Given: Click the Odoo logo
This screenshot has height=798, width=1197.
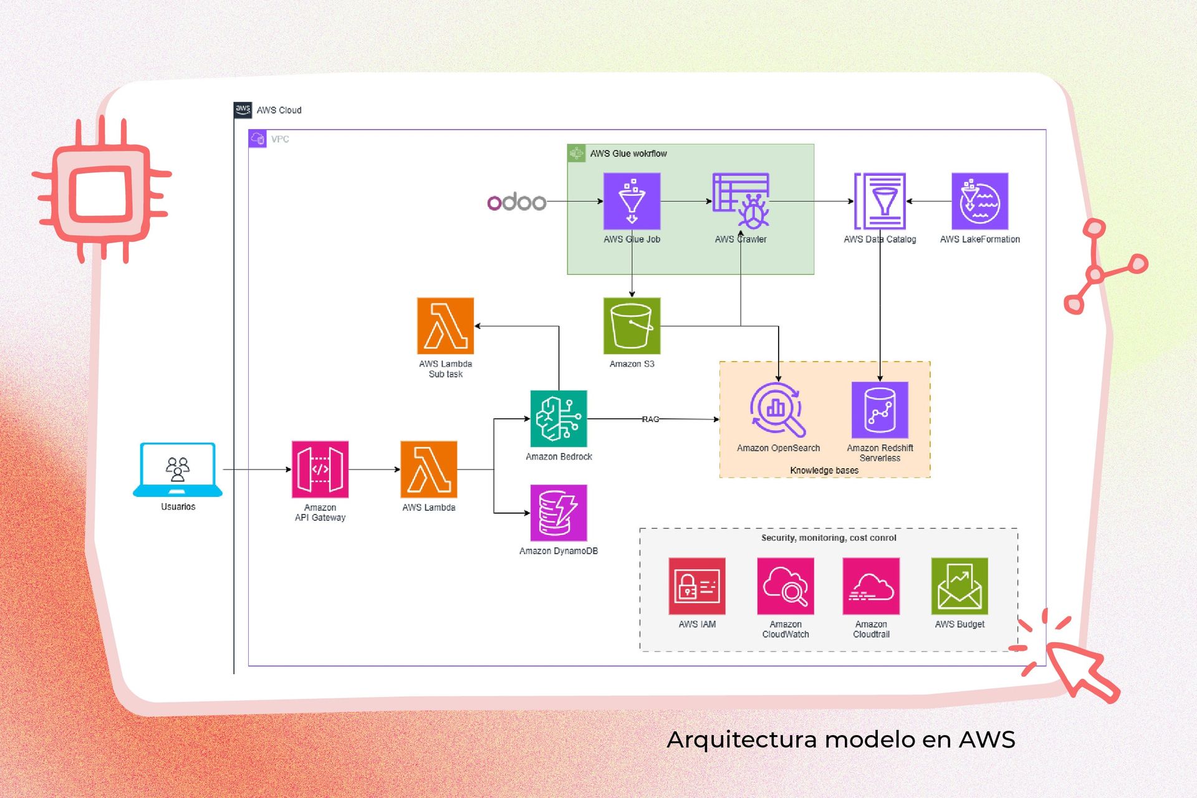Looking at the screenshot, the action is (x=516, y=202).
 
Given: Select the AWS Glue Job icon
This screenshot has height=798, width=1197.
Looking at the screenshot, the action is (x=632, y=201).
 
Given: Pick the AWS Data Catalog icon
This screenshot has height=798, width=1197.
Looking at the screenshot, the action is (x=880, y=201).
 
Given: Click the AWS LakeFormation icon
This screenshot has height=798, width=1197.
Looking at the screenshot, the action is (x=979, y=201).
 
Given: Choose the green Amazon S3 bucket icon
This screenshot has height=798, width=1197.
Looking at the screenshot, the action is (x=632, y=326).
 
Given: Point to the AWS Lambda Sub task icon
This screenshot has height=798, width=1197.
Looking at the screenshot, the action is (x=445, y=326).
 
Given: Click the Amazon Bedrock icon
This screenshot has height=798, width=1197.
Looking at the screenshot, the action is (x=559, y=419).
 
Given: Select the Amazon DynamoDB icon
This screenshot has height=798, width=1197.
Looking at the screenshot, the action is (x=559, y=513).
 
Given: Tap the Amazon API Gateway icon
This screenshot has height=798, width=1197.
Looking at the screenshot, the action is (x=320, y=469).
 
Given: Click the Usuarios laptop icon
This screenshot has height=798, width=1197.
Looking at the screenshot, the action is (x=178, y=469).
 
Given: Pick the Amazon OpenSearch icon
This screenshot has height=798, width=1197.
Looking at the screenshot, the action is (x=778, y=410).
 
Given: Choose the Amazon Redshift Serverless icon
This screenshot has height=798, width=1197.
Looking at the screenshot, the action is (x=880, y=410).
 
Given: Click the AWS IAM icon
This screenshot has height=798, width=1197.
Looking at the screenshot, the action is (x=697, y=586).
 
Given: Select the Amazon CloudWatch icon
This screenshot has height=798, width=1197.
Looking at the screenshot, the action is (x=786, y=586).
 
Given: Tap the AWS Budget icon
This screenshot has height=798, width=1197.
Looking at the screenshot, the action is (x=959, y=586).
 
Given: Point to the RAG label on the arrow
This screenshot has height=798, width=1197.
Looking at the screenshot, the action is (x=650, y=420).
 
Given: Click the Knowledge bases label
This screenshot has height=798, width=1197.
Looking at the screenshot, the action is (x=824, y=471).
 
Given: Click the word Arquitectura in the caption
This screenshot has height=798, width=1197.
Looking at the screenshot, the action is (x=741, y=740).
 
